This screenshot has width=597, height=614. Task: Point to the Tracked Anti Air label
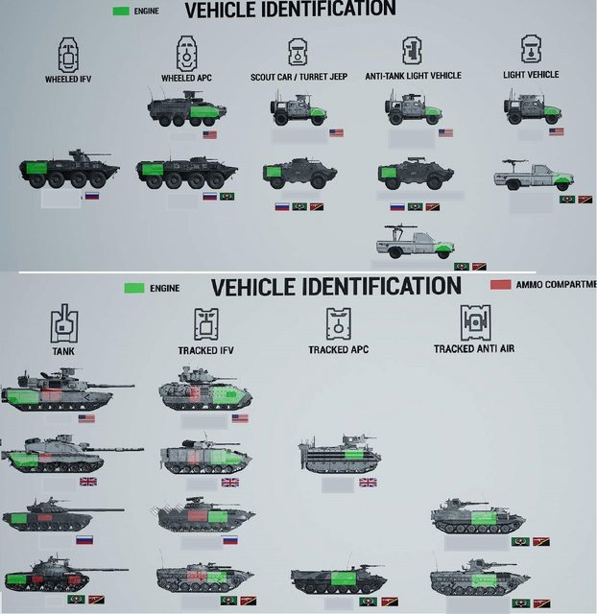point(473,348)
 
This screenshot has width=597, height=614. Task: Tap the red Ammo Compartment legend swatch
point(499,285)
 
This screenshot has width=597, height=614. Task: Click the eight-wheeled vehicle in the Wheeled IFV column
point(69,170)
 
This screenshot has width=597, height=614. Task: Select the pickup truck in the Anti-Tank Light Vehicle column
point(415,243)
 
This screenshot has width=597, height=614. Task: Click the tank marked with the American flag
point(58,391)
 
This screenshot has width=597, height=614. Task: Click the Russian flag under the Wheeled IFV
point(92,196)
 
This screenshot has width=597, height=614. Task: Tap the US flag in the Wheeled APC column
point(209,134)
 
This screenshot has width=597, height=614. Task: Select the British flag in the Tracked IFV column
point(230,482)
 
